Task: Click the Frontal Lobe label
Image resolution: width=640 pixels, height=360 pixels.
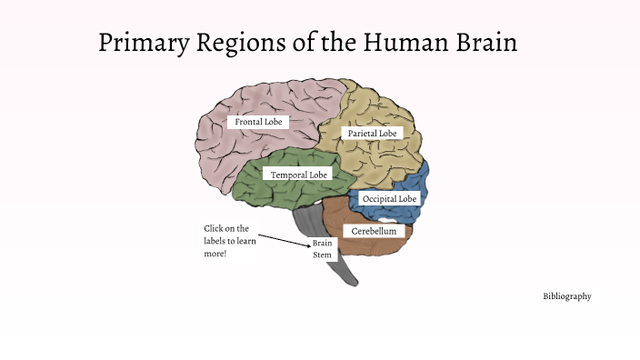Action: coord(258,121)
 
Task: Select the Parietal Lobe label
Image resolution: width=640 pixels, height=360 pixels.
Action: coord(372,134)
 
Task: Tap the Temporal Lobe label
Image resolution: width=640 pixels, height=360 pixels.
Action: coord(298,174)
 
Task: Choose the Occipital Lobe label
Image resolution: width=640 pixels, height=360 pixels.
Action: coord(389,198)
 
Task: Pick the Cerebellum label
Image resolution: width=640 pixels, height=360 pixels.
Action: coord(374,232)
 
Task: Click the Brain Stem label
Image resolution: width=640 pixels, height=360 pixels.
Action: coord(323,249)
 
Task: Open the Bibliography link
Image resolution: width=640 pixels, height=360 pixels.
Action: coord(567,296)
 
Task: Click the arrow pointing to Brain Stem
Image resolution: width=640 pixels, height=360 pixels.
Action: coord(285,238)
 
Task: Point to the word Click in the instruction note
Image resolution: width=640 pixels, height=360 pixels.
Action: coord(214,228)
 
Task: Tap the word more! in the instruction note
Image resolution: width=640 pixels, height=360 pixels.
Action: coord(215,255)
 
